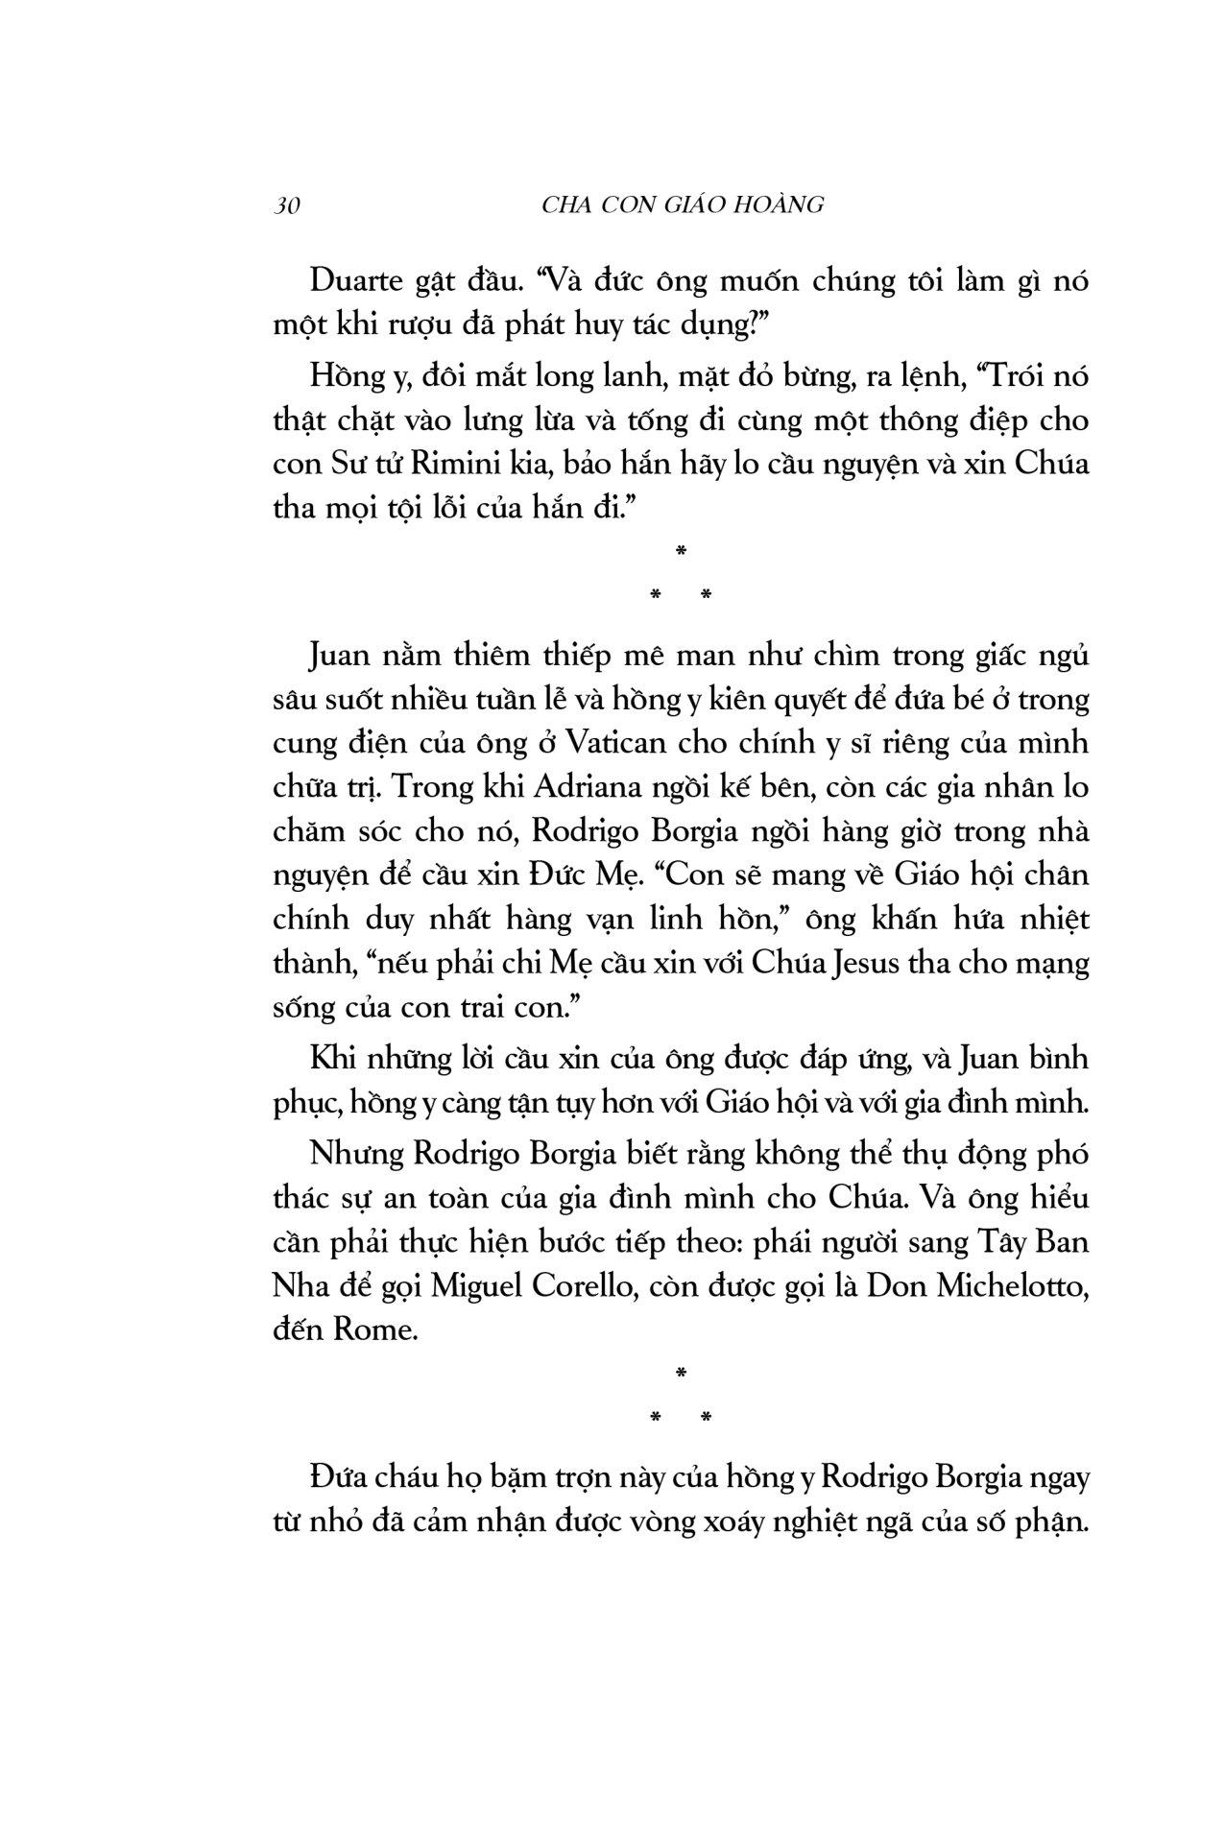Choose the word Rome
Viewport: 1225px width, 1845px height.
point(375,1331)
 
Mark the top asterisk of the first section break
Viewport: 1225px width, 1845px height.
point(680,551)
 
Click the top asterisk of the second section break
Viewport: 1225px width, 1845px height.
point(680,1374)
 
